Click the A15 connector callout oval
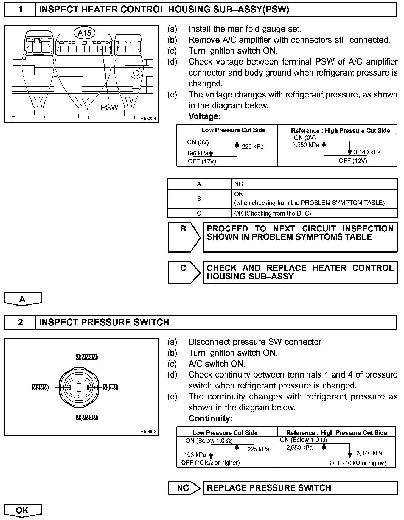(x=84, y=33)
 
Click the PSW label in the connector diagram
(x=109, y=107)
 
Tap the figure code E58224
(x=148, y=119)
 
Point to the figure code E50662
(x=148, y=432)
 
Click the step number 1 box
(x=20, y=10)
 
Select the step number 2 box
(x=20, y=322)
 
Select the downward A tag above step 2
(x=23, y=299)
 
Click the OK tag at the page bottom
(x=23, y=510)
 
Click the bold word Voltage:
(x=204, y=116)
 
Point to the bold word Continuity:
(x=211, y=418)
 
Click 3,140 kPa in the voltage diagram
(x=367, y=152)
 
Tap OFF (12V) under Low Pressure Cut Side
(x=202, y=161)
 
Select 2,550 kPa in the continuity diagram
(x=299, y=448)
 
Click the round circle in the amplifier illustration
(x=136, y=73)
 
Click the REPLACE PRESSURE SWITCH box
(x=300, y=488)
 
